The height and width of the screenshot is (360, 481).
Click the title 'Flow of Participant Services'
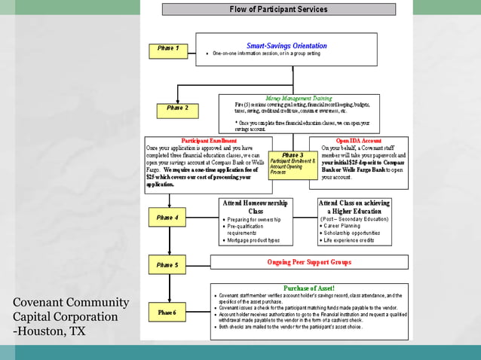click(278, 10)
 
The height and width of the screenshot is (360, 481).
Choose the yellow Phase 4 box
click(167, 218)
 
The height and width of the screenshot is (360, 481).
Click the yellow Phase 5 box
click(167, 265)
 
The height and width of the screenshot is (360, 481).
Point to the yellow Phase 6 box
click(167, 312)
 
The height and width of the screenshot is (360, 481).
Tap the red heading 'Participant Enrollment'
click(209, 141)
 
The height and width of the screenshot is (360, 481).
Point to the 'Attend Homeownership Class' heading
click(256, 207)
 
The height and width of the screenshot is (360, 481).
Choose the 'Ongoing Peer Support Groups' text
click(309, 262)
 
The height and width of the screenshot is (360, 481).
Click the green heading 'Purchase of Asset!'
click(309, 288)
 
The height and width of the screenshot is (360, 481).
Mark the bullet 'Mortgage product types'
click(253, 240)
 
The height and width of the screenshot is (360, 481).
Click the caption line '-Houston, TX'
click(49, 331)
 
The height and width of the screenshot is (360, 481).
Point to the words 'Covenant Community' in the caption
click(71, 303)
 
